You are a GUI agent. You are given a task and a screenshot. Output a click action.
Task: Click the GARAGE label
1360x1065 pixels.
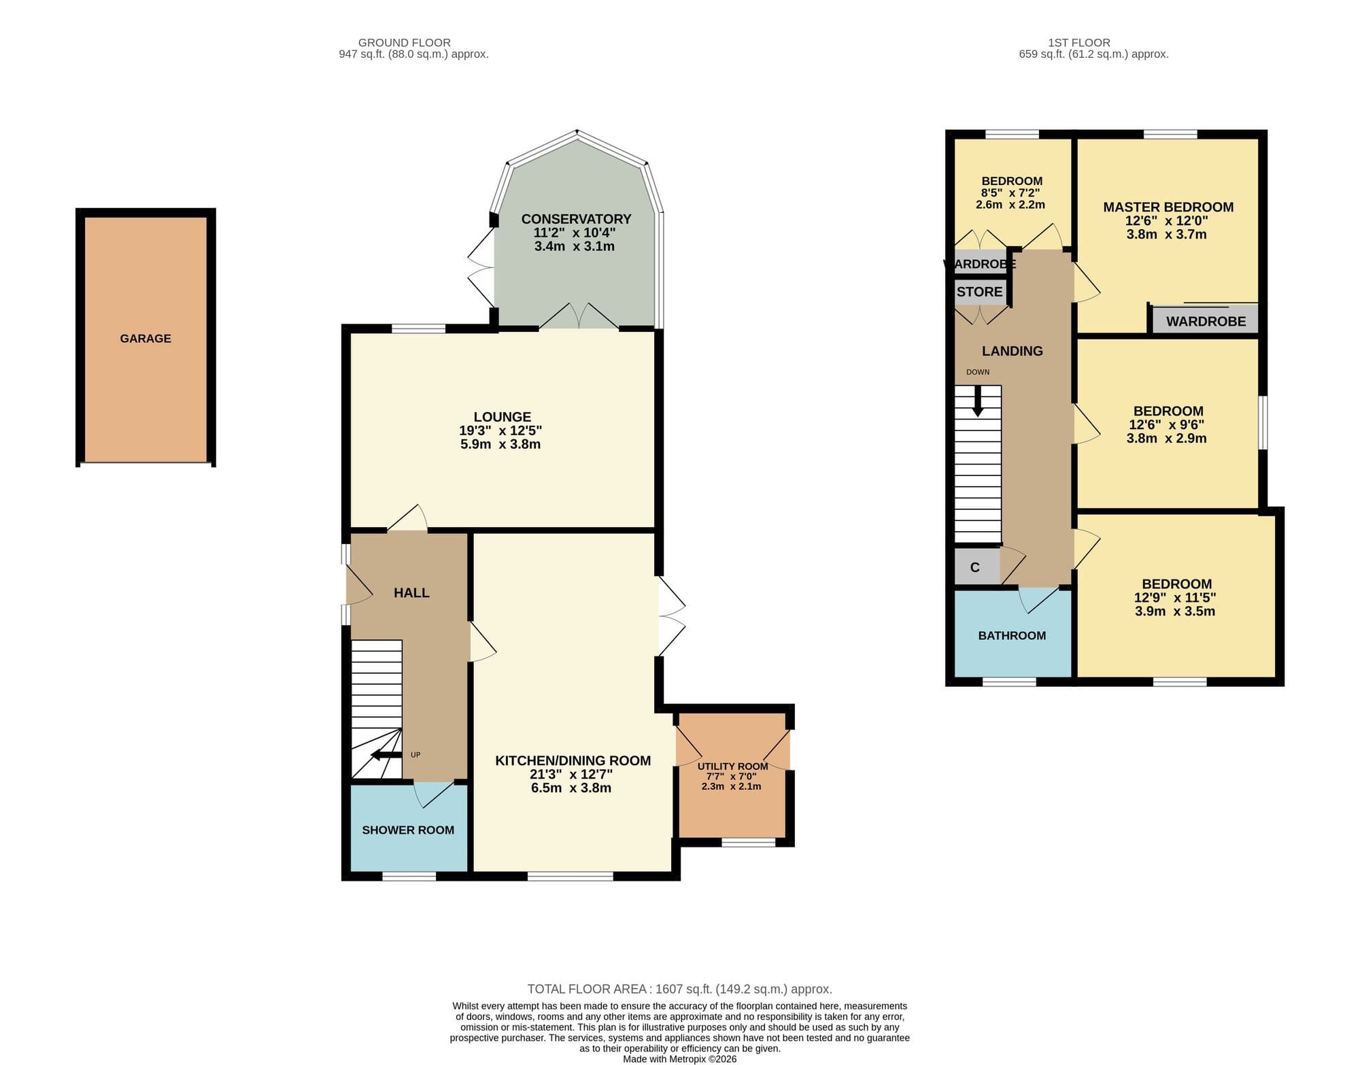146,339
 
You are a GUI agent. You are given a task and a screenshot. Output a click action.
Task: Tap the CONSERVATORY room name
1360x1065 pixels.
576,219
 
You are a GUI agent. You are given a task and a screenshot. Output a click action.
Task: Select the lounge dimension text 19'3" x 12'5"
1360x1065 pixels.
500,430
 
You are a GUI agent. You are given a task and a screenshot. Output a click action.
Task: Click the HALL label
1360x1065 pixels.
411,593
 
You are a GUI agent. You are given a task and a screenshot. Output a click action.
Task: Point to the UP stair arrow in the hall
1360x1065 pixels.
386,755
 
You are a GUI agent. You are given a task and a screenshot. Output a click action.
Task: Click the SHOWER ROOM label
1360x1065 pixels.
408,830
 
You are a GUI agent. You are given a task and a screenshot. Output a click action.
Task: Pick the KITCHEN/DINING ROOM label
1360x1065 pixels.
573,761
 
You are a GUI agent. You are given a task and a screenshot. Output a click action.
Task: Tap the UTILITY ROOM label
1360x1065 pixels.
732,766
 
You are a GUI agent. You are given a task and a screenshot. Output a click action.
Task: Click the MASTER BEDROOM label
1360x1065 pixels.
1168,207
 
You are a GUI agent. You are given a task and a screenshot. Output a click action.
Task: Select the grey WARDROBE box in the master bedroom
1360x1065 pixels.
1205,320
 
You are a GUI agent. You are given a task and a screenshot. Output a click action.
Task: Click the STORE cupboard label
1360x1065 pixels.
980,292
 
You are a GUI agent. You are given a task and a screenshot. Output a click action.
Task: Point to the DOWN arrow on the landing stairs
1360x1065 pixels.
978,401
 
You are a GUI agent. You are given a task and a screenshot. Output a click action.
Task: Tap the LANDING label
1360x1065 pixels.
1013,351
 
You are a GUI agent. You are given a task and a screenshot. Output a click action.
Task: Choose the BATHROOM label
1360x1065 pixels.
1012,636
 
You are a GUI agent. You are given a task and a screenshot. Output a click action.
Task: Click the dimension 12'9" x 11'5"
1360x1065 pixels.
1175,598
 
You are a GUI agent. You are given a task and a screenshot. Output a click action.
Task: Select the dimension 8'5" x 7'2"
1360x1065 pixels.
1010,193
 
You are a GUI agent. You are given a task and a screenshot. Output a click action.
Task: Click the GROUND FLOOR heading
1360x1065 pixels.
405,43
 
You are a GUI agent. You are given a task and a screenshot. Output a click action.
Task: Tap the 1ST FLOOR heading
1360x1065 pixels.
1079,43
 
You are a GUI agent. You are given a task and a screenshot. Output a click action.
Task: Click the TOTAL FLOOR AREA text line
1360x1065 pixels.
680,990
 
